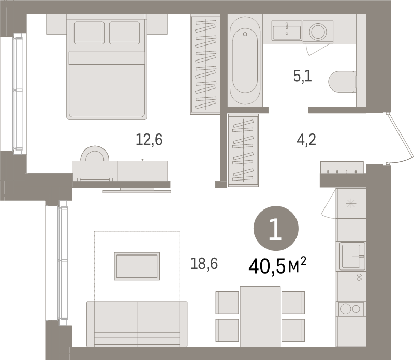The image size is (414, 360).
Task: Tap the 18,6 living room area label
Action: [204, 264]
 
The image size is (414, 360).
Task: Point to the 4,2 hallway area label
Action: [305, 140]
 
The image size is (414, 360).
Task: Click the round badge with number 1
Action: [276, 229]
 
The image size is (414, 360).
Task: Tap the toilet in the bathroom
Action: [342, 82]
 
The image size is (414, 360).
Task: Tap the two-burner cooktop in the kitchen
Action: [351, 309]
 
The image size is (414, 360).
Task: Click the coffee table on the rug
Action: [137, 266]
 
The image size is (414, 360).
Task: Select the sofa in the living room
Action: [137, 323]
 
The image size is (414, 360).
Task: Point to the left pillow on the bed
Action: [89, 33]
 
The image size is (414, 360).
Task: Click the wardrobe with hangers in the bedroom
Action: [205, 64]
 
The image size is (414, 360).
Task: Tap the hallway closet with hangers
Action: [243, 150]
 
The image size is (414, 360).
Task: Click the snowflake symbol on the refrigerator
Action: [351, 203]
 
